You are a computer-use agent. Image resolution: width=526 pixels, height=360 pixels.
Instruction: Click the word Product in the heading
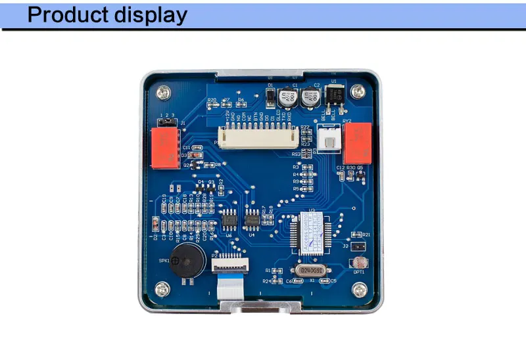68,15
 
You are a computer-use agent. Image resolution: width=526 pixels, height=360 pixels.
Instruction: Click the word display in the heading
149,15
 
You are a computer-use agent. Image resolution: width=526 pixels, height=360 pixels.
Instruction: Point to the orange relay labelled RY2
358,143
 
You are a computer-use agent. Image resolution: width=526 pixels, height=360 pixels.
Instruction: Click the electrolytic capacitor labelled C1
287,99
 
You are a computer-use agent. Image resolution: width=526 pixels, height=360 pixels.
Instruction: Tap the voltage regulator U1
333,97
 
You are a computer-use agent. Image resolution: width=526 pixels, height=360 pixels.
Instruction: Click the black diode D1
270,97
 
